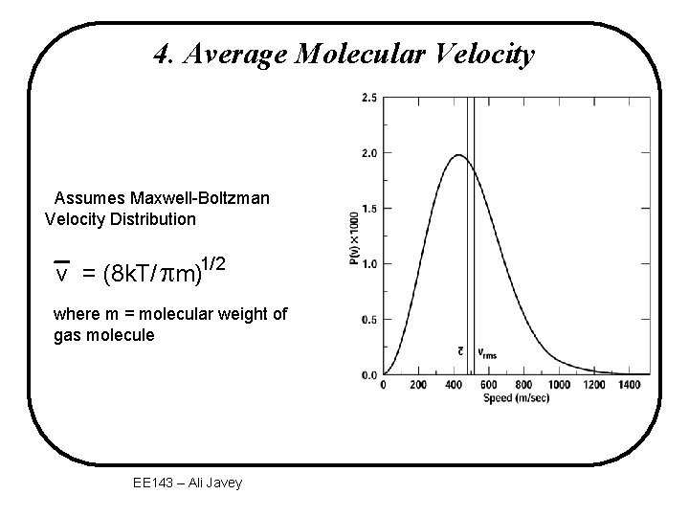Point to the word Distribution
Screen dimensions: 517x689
coord(148,219)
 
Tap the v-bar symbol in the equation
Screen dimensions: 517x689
coord(62,273)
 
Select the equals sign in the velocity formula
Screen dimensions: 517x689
coord(88,275)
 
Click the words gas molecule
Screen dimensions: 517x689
coord(103,335)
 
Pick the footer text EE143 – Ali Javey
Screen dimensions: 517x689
coord(189,483)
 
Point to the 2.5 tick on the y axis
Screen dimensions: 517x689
coord(369,98)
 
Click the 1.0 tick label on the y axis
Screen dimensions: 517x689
coord(369,263)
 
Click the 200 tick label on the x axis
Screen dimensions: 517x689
coord(418,386)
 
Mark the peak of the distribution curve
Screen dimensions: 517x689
coord(458,155)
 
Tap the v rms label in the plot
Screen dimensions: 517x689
coord(487,353)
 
